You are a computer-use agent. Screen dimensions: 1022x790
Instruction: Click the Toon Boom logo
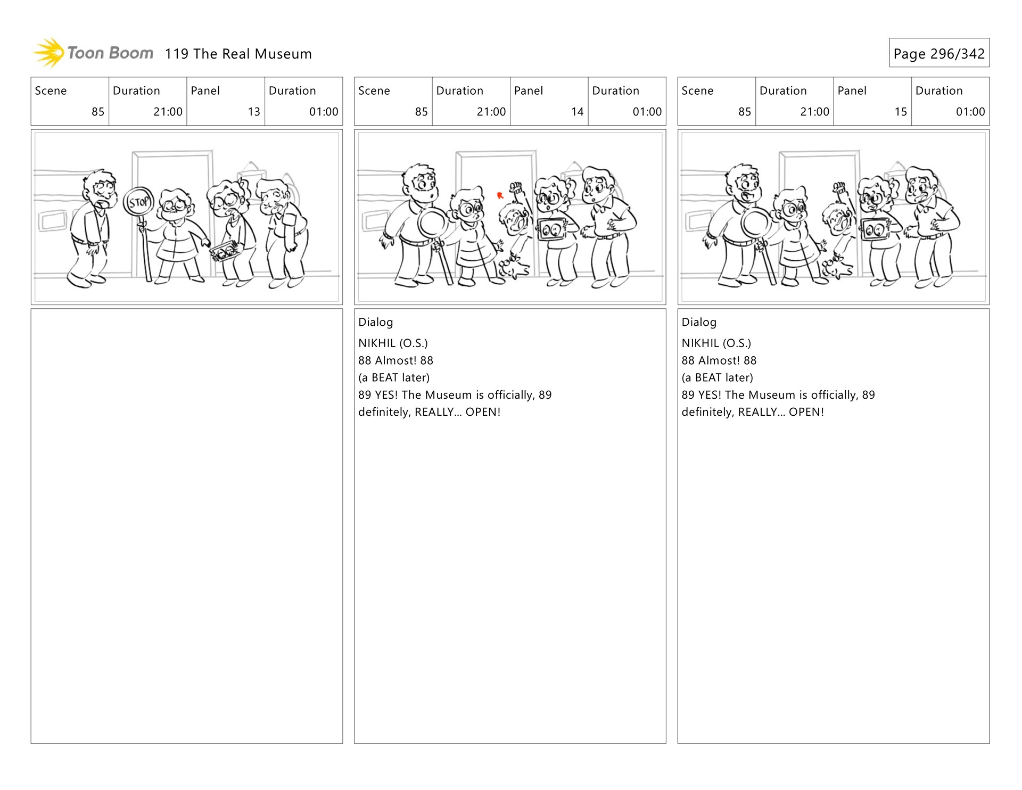coord(93,53)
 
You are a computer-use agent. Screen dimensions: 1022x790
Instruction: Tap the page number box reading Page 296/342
coord(939,53)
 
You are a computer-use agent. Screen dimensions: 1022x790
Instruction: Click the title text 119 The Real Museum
coord(238,54)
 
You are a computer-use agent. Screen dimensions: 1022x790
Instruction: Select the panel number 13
coord(254,112)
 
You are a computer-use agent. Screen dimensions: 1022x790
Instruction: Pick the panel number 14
coord(578,112)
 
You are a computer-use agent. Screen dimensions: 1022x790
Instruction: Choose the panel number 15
coord(901,112)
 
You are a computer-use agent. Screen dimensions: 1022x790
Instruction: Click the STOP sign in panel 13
coord(139,202)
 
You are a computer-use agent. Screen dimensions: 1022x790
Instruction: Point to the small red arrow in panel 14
coord(500,195)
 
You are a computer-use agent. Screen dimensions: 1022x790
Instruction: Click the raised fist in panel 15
coord(839,188)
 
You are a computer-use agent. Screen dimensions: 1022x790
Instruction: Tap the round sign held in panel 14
coord(433,223)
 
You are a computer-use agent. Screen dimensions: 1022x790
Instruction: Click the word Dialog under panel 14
coord(376,322)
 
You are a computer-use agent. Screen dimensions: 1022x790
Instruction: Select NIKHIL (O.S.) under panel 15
coord(716,343)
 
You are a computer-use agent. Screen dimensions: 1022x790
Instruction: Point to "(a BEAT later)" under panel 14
coord(394,377)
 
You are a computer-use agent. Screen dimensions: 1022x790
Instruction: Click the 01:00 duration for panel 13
coord(324,112)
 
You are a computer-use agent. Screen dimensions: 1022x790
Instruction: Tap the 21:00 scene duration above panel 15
coord(814,112)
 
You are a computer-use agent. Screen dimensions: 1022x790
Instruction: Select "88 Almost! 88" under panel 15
coord(719,360)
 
